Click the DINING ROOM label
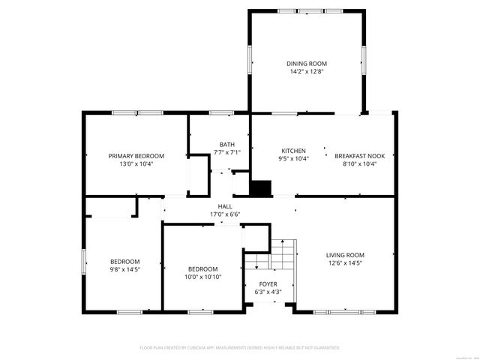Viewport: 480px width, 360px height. (306, 64)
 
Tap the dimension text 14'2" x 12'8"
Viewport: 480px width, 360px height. (306, 72)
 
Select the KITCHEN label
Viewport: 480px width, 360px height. (293, 150)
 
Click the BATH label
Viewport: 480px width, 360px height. (226, 145)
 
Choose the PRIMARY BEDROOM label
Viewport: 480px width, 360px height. (136, 156)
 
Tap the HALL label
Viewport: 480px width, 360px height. (225, 206)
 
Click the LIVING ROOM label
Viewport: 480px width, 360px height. (345, 255)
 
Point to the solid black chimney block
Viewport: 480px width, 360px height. (260, 188)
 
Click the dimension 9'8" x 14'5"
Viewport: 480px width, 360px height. (125, 268)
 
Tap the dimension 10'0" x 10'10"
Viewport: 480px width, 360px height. (202, 277)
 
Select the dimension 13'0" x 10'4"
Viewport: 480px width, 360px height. (136, 163)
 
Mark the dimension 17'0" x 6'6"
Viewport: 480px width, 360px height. (225, 214)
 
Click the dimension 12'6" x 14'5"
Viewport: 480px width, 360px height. (345, 263)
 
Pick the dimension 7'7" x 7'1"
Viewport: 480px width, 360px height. (226, 152)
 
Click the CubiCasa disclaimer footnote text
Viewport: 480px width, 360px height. (240, 348)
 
